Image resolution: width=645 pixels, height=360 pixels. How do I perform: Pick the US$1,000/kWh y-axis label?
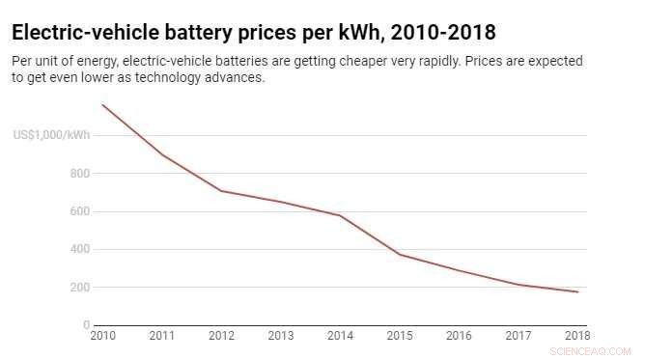pyautogui.click(x=51, y=135)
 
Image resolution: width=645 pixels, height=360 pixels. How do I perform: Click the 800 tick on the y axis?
pyautogui.click(x=79, y=174)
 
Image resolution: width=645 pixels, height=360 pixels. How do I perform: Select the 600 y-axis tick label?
pyautogui.click(x=79, y=211)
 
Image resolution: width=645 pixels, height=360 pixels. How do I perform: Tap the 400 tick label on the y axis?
pyautogui.click(x=79, y=249)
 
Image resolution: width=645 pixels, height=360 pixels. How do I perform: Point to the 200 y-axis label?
pyautogui.click(x=79, y=288)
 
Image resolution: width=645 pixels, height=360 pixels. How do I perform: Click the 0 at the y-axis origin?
pyautogui.click(x=86, y=325)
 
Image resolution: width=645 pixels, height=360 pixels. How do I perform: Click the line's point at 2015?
pyautogui.click(x=399, y=255)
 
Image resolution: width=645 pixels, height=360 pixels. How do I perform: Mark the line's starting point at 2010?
pyautogui.click(x=101, y=104)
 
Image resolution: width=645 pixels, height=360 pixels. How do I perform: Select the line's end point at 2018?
pyautogui.click(x=577, y=291)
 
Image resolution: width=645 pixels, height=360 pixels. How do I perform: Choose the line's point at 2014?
pyautogui.click(x=339, y=215)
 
